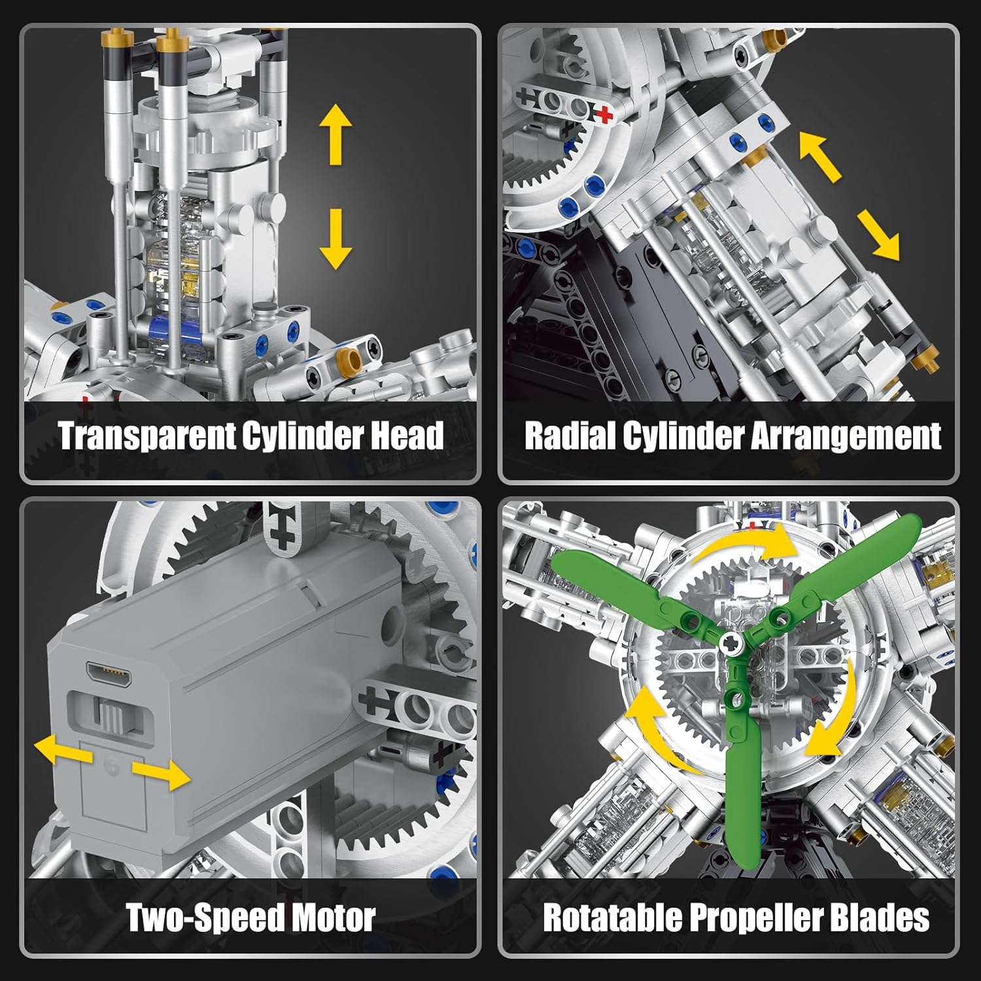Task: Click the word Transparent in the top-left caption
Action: click(x=146, y=436)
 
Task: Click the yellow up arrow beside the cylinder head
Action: click(x=336, y=134)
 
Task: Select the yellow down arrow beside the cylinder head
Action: click(x=336, y=239)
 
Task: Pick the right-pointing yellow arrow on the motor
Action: click(x=162, y=774)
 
